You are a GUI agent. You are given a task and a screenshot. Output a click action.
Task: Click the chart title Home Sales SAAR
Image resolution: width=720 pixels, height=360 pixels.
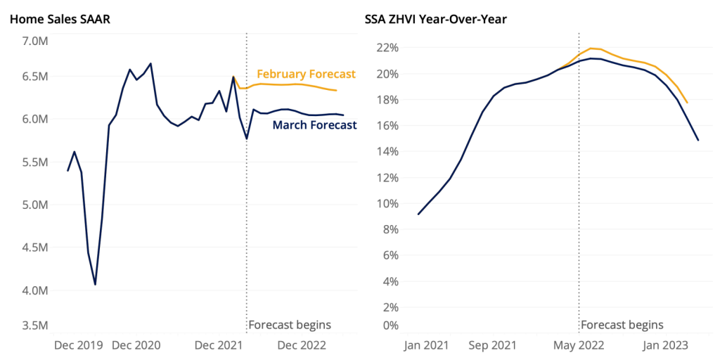click(60, 20)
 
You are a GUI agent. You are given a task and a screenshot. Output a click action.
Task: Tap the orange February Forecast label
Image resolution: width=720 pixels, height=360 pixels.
click(307, 74)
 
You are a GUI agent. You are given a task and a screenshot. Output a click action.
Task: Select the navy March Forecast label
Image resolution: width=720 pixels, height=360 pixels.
click(314, 125)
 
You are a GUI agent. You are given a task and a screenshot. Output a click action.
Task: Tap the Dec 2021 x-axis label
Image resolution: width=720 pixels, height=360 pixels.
click(219, 345)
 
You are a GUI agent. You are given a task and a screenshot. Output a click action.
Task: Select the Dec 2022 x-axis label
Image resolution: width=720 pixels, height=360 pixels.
click(302, 345)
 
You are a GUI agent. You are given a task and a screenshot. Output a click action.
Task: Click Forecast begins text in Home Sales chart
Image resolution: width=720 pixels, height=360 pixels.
click(290, 325)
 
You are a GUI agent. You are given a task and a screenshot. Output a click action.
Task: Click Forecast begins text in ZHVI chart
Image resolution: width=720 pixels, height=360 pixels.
click(622, 325)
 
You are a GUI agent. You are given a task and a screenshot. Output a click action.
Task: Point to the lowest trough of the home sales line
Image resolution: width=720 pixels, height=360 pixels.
click(95, 284)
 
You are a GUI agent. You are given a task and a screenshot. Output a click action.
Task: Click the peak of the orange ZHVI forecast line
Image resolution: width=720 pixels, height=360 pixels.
click(591, 49)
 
